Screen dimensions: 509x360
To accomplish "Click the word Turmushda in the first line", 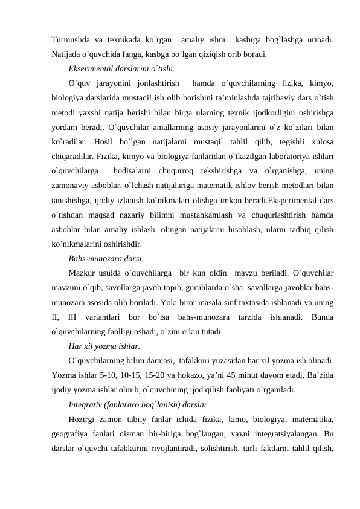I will (71, 39).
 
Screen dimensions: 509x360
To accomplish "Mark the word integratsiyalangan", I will (287, 433).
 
